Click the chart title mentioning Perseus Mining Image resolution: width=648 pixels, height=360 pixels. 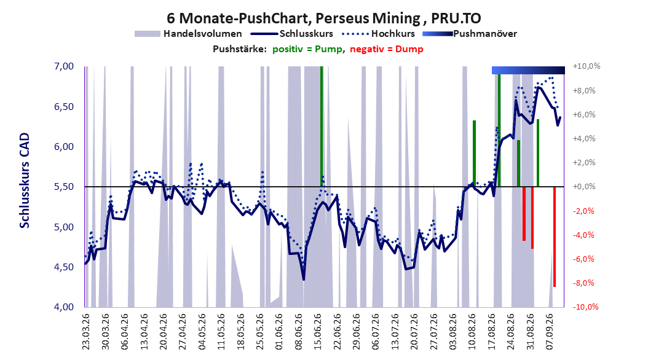[323, 18]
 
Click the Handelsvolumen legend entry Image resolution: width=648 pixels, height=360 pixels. [189, 34]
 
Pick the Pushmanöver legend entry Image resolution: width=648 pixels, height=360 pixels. [470, 34]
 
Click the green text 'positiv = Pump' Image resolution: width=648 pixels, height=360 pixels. [307, 49]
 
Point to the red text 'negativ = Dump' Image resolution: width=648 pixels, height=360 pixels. [387, 49]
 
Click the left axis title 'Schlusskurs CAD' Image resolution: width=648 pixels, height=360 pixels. [25, 181]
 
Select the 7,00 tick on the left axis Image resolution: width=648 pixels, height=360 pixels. [64, 66]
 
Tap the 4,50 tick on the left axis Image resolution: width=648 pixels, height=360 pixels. [64, 267]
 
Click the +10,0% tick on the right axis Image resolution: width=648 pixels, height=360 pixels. [587, 66]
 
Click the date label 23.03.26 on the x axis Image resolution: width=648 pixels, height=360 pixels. [85, 332]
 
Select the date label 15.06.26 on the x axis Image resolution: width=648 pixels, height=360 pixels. [317, 332]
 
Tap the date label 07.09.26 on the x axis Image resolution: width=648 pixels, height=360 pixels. [549, 332]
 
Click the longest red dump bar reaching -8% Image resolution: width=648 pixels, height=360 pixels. [555, 237]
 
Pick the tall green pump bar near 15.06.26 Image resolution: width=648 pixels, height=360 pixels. [322, 127]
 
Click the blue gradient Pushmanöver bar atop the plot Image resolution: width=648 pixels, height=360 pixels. [528, 70]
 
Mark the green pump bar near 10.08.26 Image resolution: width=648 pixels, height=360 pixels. [475, 154]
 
